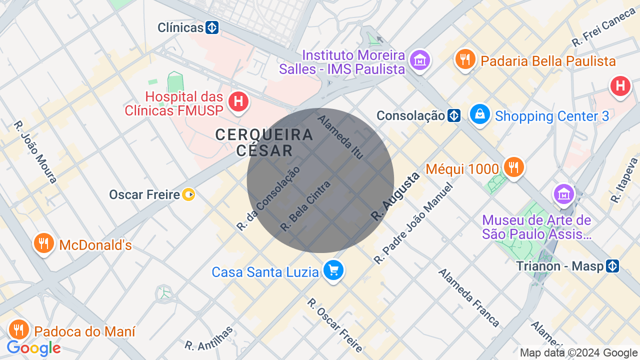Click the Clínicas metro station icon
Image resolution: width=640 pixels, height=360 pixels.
pyautogui.click(x=212, y=27)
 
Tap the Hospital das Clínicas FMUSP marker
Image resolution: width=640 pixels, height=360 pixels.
pyautogui.click(x=238, y=102)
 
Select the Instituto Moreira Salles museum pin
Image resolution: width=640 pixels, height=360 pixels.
pyautogui.click(x=419, y=60)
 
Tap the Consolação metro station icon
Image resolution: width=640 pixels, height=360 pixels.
pyautogui.click(x=454, y=116)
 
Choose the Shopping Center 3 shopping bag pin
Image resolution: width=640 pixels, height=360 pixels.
pyautogui.click(x=480, y=115)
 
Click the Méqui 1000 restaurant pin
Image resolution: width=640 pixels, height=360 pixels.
pyautogui.click(x=513, y=167)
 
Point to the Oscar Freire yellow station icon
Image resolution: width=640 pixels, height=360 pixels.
pyautogui.click(x=188, y=194)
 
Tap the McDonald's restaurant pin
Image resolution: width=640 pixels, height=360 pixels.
pyautogui.click(x=44, y=243)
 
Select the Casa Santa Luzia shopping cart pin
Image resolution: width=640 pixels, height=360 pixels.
pyautogui.click(x=333, y=270)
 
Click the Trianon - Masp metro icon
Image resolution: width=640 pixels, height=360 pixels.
pyautogui.click(x=612, y=266)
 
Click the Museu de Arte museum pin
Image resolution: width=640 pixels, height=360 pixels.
pyautogui.click(x=564, y=193)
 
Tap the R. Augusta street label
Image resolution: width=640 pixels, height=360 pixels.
pyautogui.click(x=395, y=197)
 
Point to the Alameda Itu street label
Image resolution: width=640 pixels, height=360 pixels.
pyautogui.click(x=340, y=137)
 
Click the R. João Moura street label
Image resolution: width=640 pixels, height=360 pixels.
pyautogui.click(x=35, y=152)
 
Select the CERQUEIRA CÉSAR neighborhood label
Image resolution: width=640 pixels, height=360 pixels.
pyautogui.click(x=264, y=142)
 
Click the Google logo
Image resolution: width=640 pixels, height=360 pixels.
pyautogui.click(x=34, y=348)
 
